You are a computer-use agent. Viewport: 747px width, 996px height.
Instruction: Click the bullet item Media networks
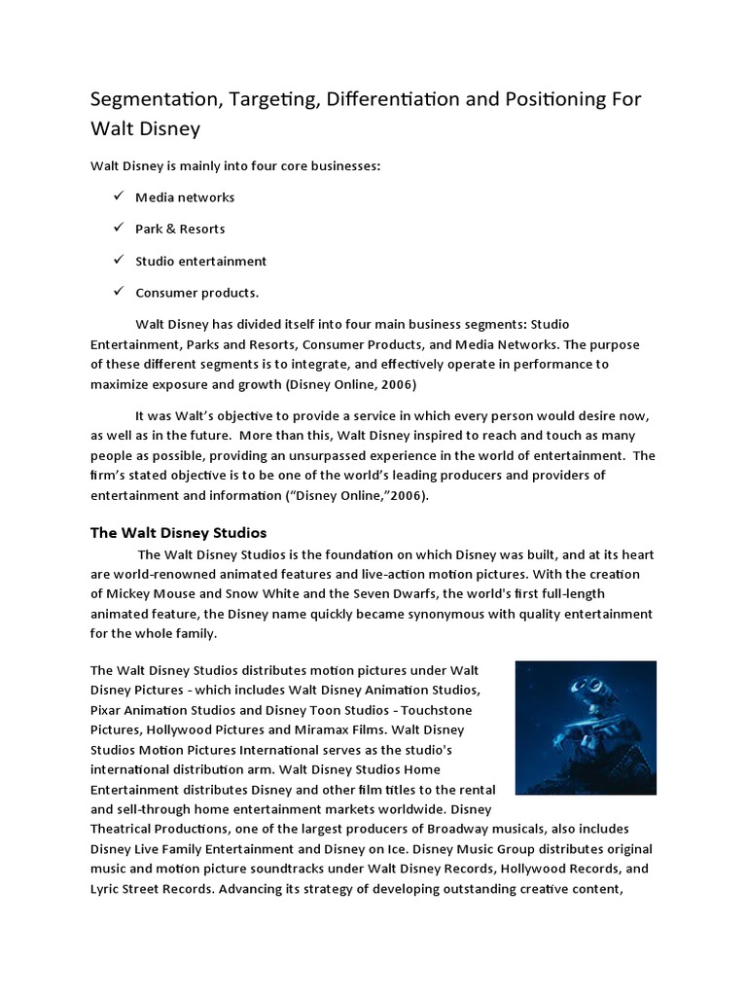(185, 197)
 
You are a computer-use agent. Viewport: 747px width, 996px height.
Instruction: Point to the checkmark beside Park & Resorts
(117, 229)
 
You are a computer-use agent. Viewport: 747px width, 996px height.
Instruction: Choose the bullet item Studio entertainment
(200, 261)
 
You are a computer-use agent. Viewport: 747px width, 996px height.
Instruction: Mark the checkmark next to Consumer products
(117, 292)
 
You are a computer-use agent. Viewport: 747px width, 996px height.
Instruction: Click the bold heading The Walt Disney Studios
(178, 533)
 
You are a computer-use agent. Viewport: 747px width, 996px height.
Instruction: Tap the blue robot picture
(585, 727)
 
